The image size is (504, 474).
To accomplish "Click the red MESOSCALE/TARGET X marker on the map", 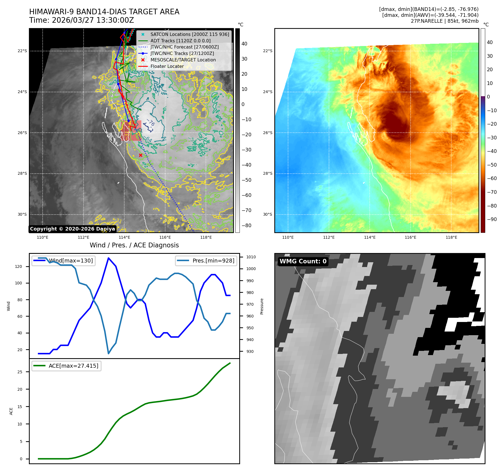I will tap(141, 155).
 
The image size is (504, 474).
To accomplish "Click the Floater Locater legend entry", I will tap(167, 66).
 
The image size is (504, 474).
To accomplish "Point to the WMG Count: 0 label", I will tap(303, 261).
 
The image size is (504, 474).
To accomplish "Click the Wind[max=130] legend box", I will tap(63, 261).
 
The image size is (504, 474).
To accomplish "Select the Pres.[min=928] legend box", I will tap(206, 261).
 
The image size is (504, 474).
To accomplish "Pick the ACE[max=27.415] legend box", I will tap(66, 366).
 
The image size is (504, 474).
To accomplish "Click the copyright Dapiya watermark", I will tap(72, 229).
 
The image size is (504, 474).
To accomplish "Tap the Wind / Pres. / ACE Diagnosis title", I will tap(134, 245).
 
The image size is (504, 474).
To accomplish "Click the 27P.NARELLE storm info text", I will tap(445, 21).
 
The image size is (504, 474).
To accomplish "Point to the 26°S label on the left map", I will tap(22, 133).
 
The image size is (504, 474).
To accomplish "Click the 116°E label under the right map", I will tap(410, 237).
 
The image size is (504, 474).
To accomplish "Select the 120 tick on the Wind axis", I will tap(19, 266).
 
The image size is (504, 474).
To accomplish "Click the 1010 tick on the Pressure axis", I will tap(251, 257).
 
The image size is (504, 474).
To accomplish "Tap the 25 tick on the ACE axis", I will tap(20, 372).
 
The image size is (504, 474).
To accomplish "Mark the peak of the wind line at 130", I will tap(109, 258).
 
